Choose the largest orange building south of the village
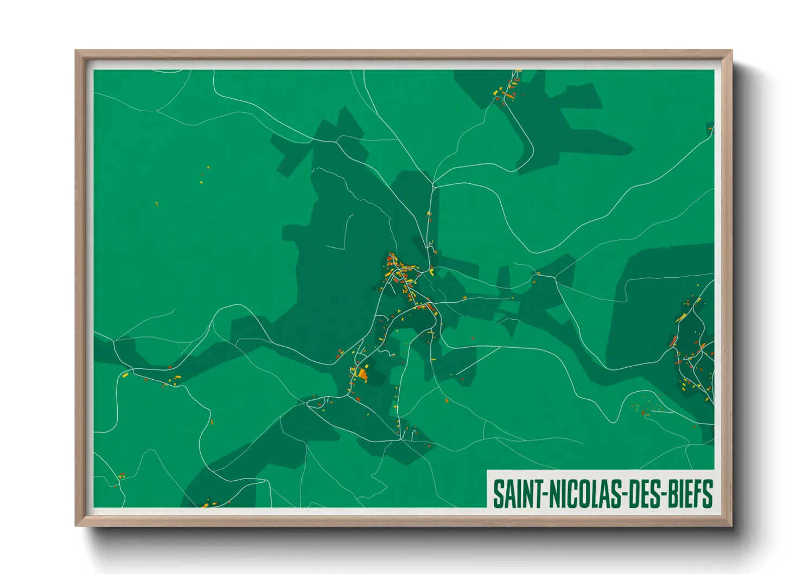pos(362,373)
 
